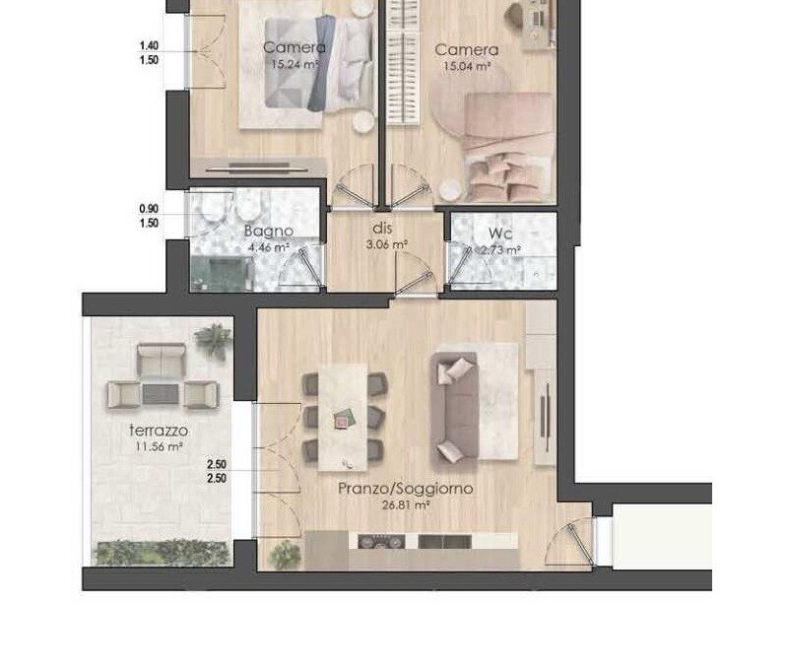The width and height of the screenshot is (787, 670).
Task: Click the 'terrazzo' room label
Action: click(x=158, y=431)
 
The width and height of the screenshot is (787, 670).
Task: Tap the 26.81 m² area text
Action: click(x=406, y=505)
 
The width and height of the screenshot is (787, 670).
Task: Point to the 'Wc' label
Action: click(x=499, y=234)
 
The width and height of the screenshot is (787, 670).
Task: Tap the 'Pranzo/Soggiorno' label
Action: click(x=406, y=489)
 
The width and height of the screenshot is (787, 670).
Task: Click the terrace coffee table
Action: click(x=162, y=394)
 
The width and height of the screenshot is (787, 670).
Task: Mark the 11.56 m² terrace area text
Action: click(x=158, y=446)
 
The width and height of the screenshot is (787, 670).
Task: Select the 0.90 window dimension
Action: click(x=149, y=209)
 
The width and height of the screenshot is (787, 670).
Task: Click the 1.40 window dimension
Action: click(x=149, y=45)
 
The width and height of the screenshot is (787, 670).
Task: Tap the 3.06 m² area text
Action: click(x=384, y=243)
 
